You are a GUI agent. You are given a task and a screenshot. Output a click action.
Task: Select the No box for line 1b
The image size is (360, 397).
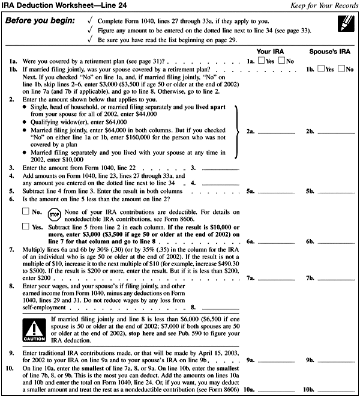(341, 70)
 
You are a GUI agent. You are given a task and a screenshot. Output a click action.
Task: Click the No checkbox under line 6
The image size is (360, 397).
(25, 211)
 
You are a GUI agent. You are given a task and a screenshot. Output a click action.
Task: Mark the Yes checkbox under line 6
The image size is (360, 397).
(25, 226)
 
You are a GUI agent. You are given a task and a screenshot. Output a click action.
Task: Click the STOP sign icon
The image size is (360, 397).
(53, 214)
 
